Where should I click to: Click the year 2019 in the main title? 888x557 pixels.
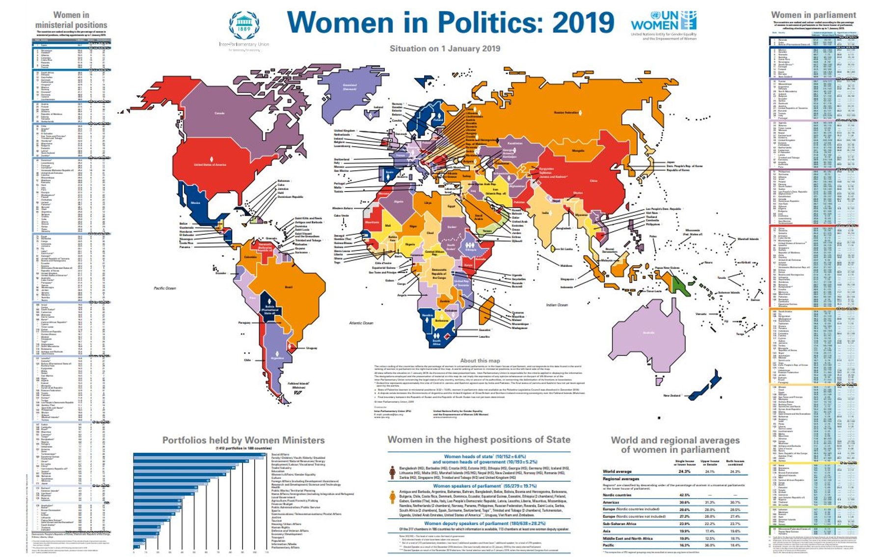(x=583, y=23)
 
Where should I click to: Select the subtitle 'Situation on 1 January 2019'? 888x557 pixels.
(x=445, y=49)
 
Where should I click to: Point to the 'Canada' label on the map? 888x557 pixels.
(x=219, y=113)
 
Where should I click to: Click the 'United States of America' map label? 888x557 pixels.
(x=210, y=165)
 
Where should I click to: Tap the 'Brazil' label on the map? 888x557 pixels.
(x=289, y=287)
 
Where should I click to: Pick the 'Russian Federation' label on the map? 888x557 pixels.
(x=566, y=112)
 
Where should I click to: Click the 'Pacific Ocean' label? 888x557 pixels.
(x=164, y=288)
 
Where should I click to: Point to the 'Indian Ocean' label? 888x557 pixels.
(x=557, y=305)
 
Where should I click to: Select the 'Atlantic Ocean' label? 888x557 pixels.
(x=361, y=323)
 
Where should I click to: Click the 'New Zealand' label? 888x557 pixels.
(x=672, y=395)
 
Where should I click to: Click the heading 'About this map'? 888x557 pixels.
(x=480, y=361)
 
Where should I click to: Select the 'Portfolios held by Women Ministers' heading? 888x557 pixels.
(x=243, y=440)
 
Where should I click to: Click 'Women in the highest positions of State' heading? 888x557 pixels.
(x=479, y=440)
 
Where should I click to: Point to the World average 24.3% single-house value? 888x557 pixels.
(x=684, y=472)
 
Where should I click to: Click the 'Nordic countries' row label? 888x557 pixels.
(x=617, y=495)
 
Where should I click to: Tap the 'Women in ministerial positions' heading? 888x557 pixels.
(x=71, y=20)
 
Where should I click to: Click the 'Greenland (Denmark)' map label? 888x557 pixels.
(x=350, y=87)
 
